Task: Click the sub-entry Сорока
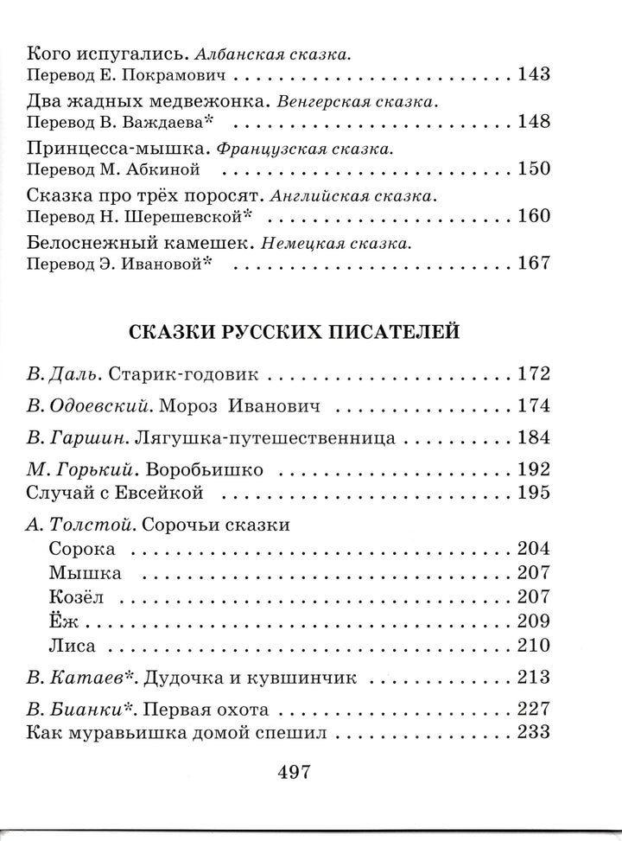point(83,548)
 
